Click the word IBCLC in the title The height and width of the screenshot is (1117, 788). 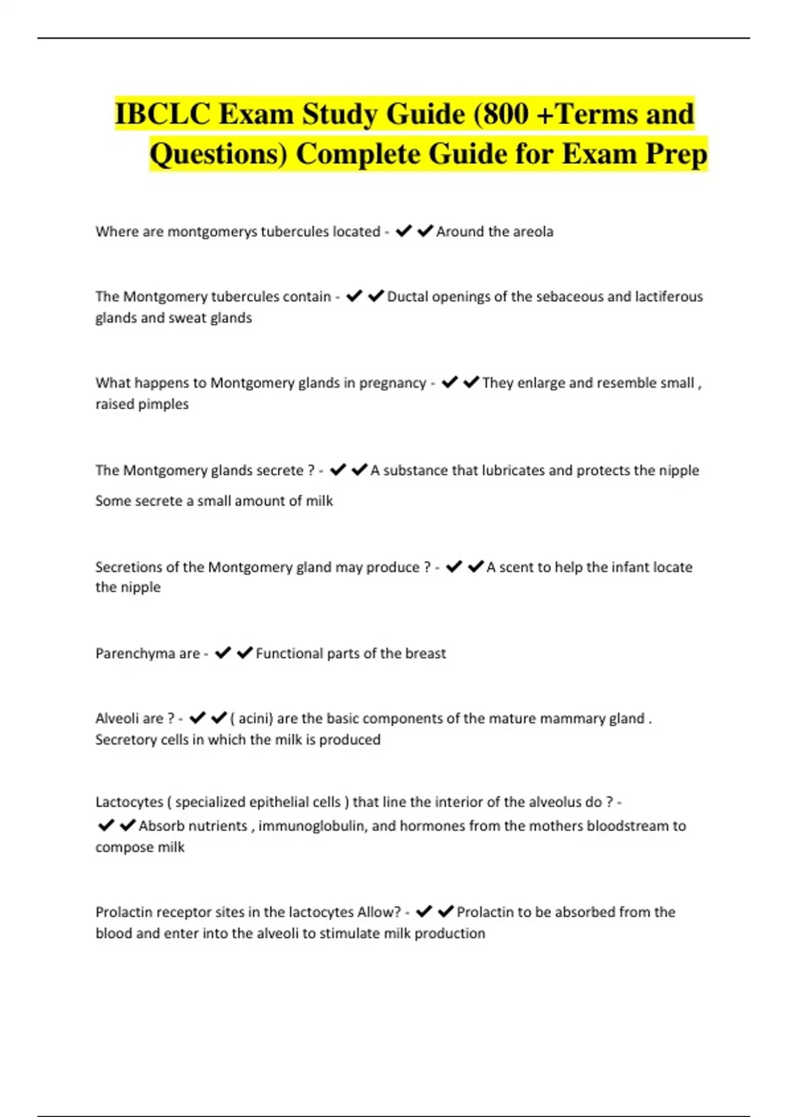(x=162, y=114)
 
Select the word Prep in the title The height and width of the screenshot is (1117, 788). (x=676, y=154)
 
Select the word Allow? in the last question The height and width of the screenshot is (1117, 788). (x=378, y=912)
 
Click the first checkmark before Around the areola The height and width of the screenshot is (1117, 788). (x=403, y=231)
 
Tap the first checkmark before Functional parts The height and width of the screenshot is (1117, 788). (x=223, y=652)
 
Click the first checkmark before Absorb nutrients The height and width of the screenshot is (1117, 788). (x=105, y=825)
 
